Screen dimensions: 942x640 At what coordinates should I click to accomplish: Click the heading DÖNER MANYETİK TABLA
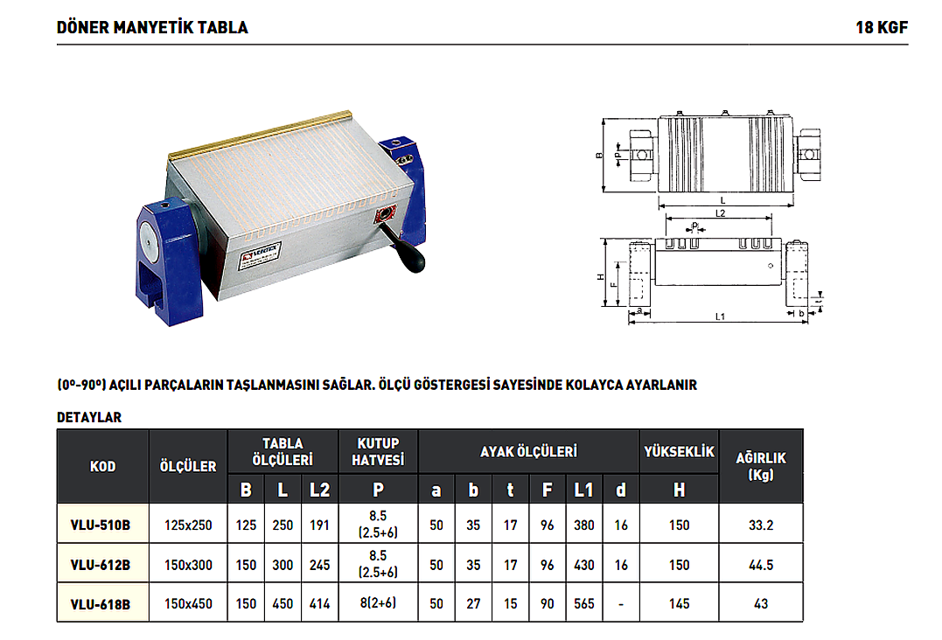(152, 28)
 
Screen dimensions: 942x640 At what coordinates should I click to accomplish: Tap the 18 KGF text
(882, 28)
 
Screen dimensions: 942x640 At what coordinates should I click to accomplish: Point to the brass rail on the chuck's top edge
(260, 136)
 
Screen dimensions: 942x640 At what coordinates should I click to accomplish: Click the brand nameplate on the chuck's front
(260, 256)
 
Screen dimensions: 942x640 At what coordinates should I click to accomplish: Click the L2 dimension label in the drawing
(720, 213)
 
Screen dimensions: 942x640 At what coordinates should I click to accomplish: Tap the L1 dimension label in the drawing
(720, 317)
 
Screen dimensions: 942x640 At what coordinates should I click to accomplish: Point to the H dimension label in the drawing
(600, 277)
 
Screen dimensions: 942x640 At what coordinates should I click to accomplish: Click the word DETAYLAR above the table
(89, 417)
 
